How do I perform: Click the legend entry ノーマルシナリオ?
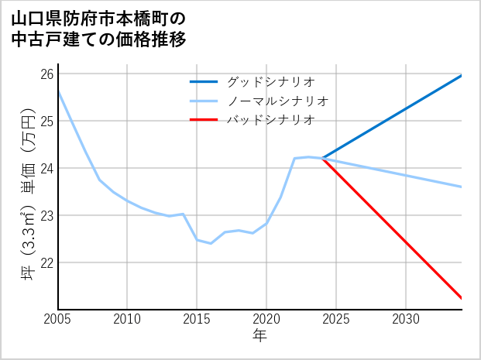[x=278, y=101]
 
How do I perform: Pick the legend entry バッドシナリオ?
[x=271, y=120]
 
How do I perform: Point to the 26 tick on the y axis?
[x=47, y=74]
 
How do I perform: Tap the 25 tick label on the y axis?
[x=47, y=122]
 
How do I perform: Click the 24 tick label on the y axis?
[x=47, y=168]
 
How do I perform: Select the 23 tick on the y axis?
[x=47, y=215]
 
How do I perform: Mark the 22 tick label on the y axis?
[x=47, y=262]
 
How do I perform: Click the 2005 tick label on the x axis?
[x=58, y=319]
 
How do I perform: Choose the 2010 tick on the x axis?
[x=128, y=319]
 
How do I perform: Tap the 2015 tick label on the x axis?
[x=197, y=319]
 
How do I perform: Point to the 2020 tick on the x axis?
[x=266, y=319]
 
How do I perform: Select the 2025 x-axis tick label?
[x=336, y=319]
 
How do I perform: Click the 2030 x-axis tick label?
[x=406, y=319]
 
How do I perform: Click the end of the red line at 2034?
[x=462, y=298]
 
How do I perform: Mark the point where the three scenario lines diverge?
[x=322, y=158]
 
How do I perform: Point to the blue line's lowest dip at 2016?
[x=211, y=243]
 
